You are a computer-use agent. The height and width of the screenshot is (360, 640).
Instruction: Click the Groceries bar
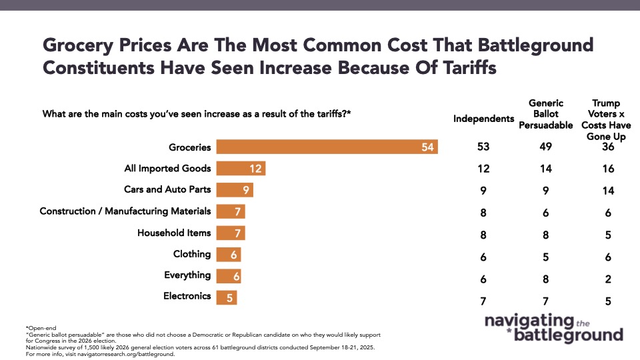pos(327,147)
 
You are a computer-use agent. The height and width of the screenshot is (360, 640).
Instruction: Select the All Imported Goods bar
pos(241,169)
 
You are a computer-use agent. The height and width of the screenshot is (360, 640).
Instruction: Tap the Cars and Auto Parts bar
pos(235,190)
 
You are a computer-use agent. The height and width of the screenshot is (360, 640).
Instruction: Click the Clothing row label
pos(192,254)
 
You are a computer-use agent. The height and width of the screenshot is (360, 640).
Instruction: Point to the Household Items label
pos(174,233)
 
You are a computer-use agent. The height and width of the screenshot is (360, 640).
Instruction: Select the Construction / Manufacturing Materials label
pos(125,211)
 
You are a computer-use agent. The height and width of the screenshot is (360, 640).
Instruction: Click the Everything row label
pos(187,275)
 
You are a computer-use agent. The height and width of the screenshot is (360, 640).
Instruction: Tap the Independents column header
pos(484,119)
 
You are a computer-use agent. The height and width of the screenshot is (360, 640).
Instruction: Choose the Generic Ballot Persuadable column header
pos(546,113)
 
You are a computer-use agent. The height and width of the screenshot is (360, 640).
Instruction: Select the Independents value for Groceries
pos(484,147)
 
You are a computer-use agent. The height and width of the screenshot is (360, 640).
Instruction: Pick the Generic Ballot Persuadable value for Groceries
pos(546,147)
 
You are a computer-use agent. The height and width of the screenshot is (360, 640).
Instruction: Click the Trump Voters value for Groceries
pos(607,147)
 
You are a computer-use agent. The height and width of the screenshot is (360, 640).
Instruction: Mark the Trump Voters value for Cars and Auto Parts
pos(607,190)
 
